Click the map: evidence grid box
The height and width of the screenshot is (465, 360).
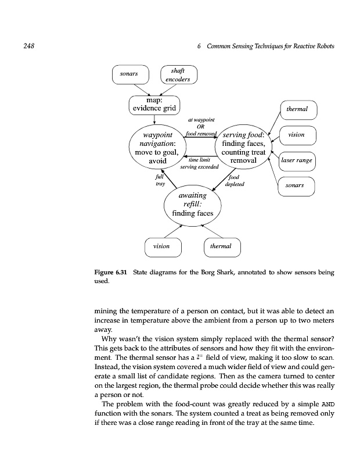pos(155,105)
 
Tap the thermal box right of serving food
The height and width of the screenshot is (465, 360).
pos(298,109)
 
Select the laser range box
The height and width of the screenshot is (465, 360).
pos(297,160)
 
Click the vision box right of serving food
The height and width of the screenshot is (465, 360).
pos(296,135)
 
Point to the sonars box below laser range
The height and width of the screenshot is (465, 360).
pos(296,186)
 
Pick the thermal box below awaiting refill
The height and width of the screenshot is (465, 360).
pos(221,246)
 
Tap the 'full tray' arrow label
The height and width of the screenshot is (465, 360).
pos(160,180)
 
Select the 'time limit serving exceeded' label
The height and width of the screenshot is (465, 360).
pos(199,163)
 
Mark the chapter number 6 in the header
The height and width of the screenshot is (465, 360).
pos(199,46)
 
